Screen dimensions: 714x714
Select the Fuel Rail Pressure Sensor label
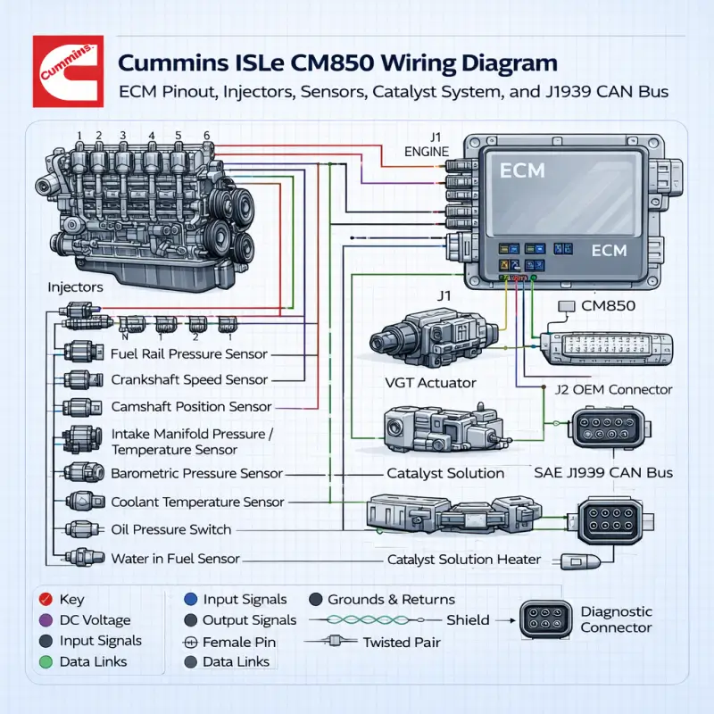pos(189,354)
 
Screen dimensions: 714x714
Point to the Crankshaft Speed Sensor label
pos(189,379)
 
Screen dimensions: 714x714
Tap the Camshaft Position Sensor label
pos(192,406)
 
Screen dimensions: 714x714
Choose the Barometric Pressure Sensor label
pos(196,474)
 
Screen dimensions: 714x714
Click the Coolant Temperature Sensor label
pos(197,502)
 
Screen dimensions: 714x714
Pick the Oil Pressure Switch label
pos(170,529)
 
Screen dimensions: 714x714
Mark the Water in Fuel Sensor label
pos(175,559)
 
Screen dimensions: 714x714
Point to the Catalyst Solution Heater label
pos(464,560)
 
